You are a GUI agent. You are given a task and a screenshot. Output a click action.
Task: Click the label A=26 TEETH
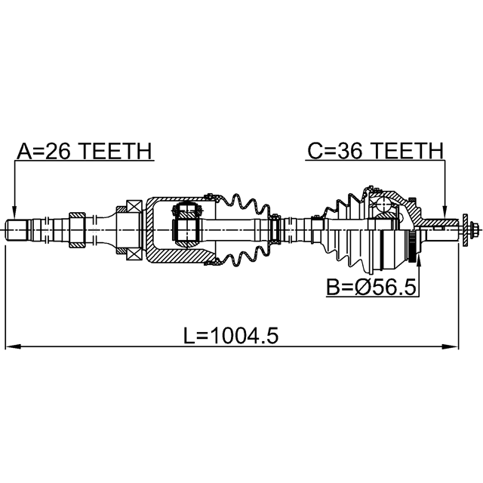[x=85, y=151]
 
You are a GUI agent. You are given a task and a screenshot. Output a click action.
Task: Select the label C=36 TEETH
[x=376, y=151]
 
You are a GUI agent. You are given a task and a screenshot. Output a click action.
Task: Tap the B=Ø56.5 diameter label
[x=371, y=287]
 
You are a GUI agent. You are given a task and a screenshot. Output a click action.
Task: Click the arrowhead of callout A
[x=14, y=213]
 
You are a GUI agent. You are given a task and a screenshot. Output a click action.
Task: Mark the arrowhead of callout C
[x=444, y=213]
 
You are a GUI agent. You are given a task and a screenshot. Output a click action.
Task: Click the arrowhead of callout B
[x=418, y=260]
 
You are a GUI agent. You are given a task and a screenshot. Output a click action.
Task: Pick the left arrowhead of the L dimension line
[x=13, y=346]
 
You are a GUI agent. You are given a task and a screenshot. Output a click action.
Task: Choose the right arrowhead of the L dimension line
[x=451, y=346]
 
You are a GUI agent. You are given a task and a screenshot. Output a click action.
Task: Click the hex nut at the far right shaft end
[x=475, y=229]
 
